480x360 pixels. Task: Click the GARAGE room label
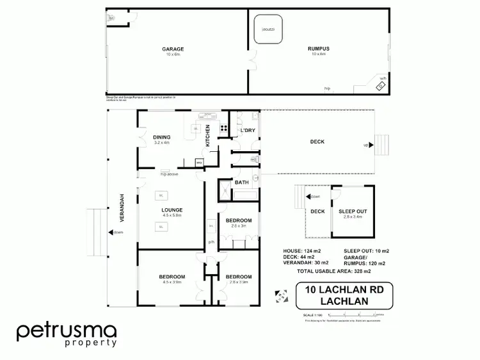pos(172,49)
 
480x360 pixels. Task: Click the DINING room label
pos(161,136)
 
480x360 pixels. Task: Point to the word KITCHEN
pos(207,135)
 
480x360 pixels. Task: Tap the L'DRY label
pos(247,131)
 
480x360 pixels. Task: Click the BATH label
pos(241,183)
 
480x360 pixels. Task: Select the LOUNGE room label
pos(172,210)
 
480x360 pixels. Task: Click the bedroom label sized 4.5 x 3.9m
pos(172,277)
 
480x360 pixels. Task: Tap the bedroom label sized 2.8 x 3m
pos(238,220)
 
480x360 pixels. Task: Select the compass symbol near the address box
pos(280,295)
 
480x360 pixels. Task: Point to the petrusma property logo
pos(67,334)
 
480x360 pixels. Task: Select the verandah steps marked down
pos(97,231)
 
